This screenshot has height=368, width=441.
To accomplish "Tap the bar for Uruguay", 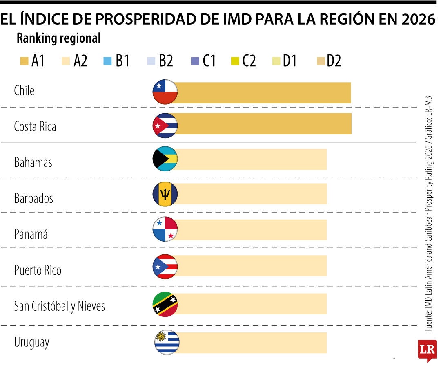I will [x=251, y=343].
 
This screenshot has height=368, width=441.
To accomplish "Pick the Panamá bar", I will [x=251, y=230].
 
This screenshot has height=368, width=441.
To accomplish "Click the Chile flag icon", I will [x=165, y=92].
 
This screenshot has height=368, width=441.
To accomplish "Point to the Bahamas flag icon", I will [x=165, y=159].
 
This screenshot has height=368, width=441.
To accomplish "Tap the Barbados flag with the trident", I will [x=165, y=194].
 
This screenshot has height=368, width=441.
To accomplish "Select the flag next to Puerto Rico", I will [x=165, y=267].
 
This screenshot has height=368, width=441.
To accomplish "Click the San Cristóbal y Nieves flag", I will [x=165, y=305].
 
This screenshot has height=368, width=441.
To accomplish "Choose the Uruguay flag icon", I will [x=167, y=342].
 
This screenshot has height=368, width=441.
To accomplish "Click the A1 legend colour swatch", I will [x=24, y=61].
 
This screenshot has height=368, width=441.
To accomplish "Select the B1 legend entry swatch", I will [x=107, y=61].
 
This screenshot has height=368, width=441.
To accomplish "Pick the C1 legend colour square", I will [x=195, y=61].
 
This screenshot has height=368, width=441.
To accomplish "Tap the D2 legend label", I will [x=334, y=61].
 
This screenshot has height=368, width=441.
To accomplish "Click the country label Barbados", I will [x=33, y=199].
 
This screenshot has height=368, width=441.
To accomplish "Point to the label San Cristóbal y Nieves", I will [x=59, y=306].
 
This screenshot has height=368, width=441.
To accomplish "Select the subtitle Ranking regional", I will [x=58, y=38].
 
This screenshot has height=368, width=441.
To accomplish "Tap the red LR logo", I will [x=427, y=350].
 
